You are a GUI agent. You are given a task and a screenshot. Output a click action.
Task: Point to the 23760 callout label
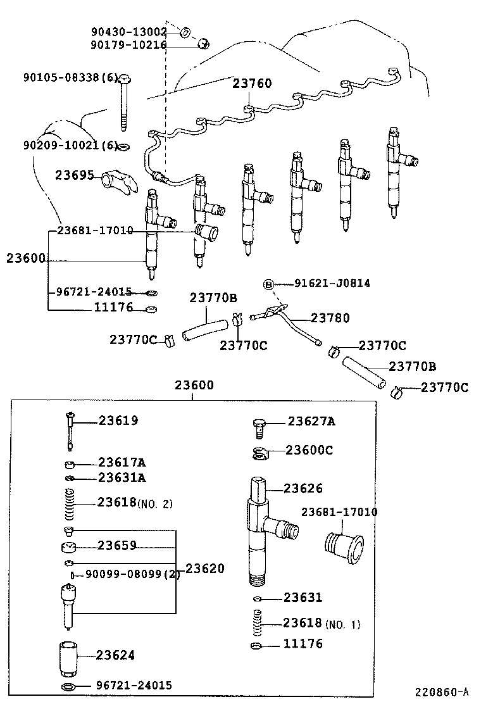click(x=252, y=84)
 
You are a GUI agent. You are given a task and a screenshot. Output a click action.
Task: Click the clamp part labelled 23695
click(x=120, y=182)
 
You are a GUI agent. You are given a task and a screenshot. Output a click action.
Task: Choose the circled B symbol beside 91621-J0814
click(x=268, y=284)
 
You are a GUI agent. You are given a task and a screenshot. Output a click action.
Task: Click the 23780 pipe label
click(x=330, y=318)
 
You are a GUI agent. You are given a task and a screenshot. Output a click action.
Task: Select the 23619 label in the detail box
click(x=118, y=420)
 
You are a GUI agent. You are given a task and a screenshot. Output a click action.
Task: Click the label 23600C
click(x=309, y=450)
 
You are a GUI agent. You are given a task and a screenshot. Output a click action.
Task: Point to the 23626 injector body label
click(x=303, y=488)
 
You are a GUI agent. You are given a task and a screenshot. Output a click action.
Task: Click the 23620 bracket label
click(x=204, y=569)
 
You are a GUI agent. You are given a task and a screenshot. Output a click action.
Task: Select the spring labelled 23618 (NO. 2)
click(x=71, y=504)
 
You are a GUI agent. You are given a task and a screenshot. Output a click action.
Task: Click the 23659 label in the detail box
click(x=117, y=545)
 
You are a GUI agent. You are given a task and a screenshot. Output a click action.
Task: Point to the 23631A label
click(x=122, y=477)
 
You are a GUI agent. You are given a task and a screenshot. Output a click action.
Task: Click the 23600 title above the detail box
click(x=194, y=385)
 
